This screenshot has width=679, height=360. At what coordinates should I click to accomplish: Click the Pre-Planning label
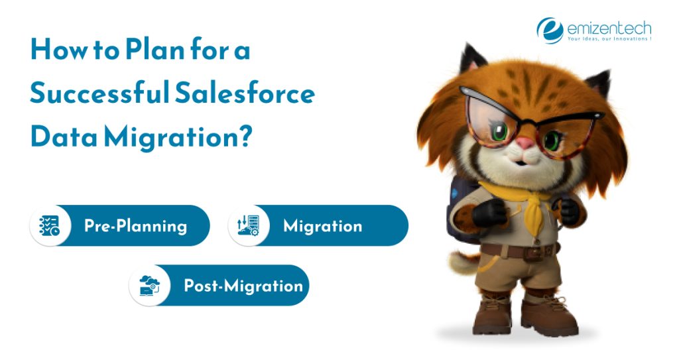coord(135,226)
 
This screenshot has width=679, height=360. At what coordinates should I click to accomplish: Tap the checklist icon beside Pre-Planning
coord(50,226)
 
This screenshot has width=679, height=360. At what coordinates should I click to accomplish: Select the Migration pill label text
coord(322,226)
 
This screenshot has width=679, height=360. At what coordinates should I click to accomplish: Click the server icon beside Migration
coord(249,226)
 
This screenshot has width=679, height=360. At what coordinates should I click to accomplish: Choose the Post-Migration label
coord(243,286)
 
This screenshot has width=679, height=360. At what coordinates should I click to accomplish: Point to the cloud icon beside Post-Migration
coord(149,286)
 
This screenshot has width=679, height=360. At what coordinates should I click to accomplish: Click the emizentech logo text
coord(609,29)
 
